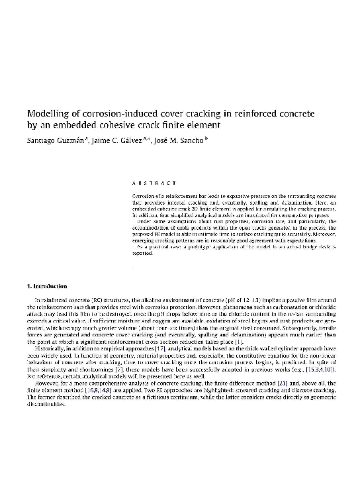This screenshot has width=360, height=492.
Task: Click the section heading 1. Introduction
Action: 42,287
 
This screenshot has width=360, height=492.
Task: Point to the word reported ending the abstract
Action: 142,253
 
